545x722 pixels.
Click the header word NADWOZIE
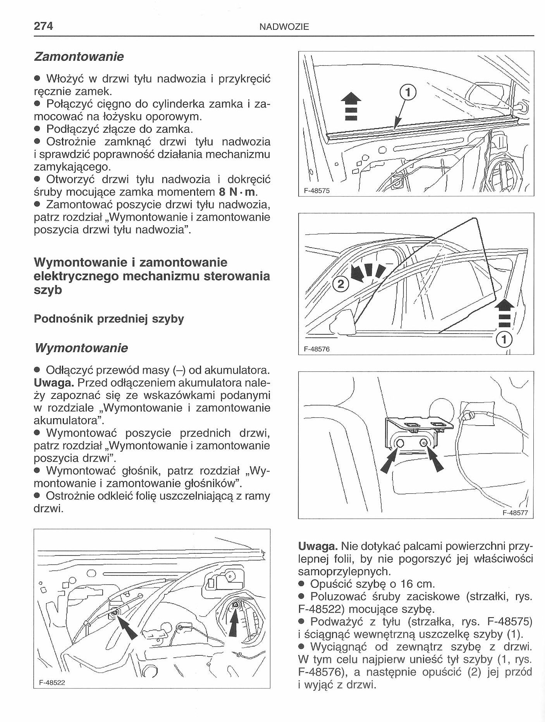point(284,27)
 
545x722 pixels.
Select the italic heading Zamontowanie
point(79,56)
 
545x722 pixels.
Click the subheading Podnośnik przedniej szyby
point(109,319)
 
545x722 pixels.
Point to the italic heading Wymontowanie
point(81,348)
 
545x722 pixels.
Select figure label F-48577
point(515,513)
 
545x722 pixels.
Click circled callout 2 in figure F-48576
point(340,284)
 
